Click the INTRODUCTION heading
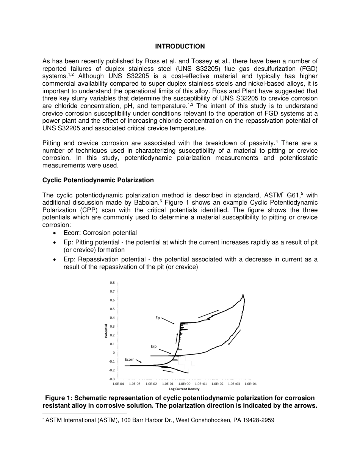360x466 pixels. (180, 46)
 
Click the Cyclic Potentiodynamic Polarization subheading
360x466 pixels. (98, 180)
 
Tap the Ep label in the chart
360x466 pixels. (158, 317)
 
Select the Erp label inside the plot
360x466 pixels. (154, 346)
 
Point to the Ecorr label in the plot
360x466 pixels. (129, 359)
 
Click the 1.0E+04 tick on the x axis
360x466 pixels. (250, 384)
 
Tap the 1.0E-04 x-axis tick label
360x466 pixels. (118, 384)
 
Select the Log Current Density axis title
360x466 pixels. (184, 389)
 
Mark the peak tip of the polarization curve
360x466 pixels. (243, 294)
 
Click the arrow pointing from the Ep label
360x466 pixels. (168, 321)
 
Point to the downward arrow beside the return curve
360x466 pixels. (235, 337)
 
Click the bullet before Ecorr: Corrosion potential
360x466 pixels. (56, 233)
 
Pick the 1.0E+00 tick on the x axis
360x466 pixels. (184, 384)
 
